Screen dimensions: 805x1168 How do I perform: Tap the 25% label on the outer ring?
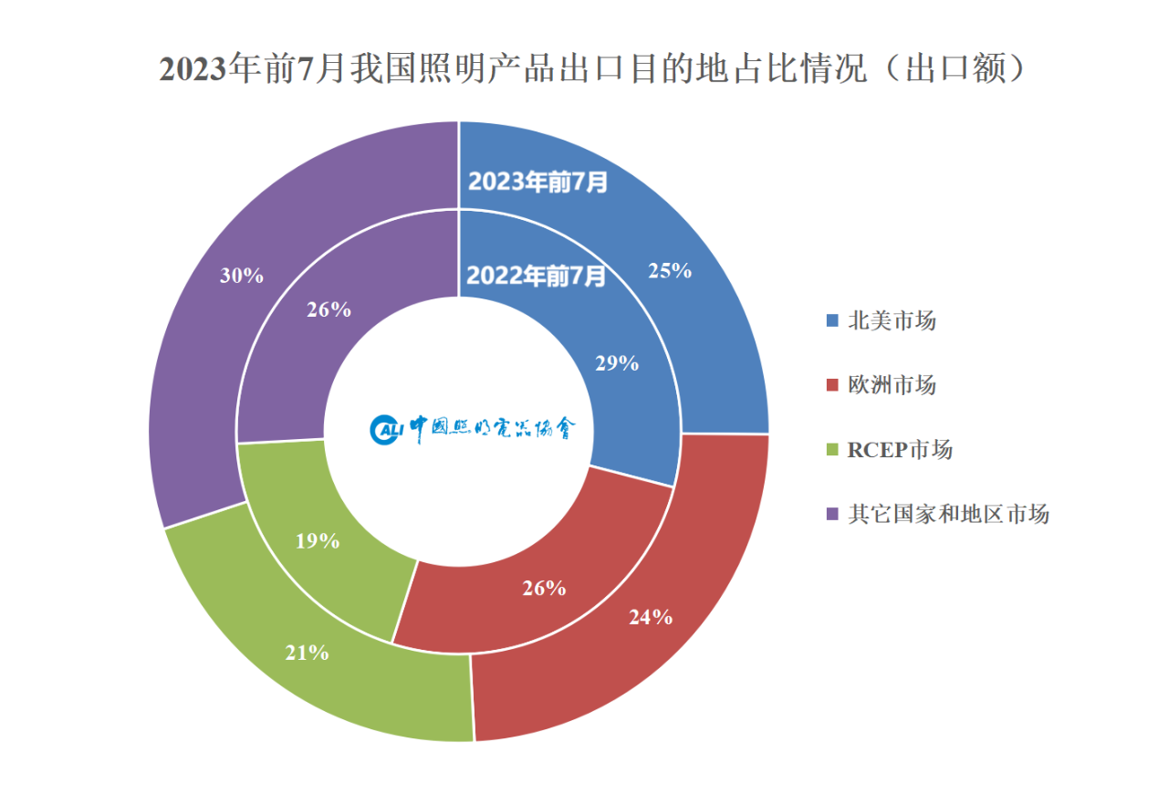point(670,270)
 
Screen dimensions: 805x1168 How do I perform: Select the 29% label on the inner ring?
point(617,362)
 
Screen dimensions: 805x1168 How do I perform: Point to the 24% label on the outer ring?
point(651,617)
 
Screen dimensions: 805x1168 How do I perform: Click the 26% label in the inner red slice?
point(544,588)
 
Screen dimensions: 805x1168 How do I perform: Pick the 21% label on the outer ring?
point(307,653)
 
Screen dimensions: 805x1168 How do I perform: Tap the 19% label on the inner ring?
point(318,541)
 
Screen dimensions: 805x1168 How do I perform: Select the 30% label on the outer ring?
point(242,275)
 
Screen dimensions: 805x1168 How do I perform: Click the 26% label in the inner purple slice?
point(329,309)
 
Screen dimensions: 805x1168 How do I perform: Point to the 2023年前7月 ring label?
point(537,182)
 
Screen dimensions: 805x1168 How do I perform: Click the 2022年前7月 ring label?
point(536,275)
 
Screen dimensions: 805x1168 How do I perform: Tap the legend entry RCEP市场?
point(900,449)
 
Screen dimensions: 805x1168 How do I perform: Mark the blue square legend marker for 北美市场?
point(831,321)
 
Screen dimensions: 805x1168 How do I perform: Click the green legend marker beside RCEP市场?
point(831,450)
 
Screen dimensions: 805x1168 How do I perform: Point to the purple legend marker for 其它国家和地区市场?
point(831,514)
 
